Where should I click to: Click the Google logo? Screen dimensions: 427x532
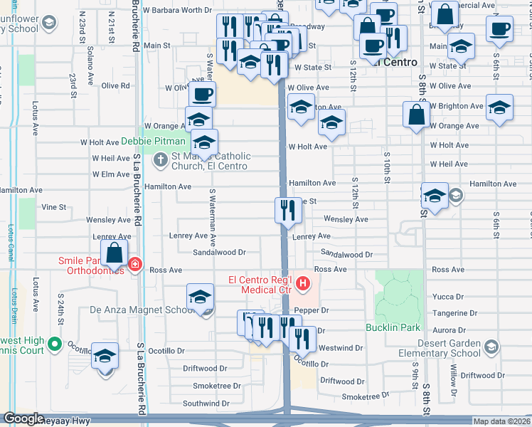[23, 418]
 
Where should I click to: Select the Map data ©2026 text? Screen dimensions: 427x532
[501, 421]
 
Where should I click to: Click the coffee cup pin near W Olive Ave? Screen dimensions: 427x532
[202, 95]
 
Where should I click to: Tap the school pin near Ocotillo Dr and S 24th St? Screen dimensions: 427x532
[105, 357]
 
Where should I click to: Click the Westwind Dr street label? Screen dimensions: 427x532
[341, 348]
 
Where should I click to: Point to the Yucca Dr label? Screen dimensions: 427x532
[448, 296]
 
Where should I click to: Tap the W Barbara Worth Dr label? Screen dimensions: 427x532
[177, 10]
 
